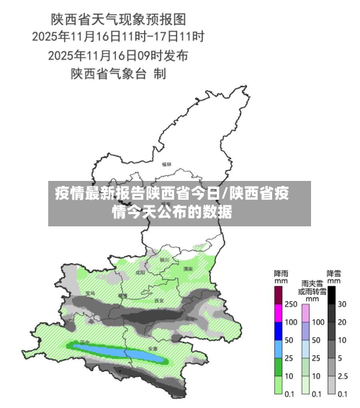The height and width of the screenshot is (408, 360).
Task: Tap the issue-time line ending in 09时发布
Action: [118, 54]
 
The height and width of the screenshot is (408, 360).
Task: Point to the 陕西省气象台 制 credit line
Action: [118, 73]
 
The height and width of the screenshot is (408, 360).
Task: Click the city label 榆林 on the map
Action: [167, 164]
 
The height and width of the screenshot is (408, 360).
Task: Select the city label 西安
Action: [159, 300]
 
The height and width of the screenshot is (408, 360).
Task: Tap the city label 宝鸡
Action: [91, 293]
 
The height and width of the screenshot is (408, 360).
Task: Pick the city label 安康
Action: [152, 348]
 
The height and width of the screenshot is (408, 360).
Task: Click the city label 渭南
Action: [188, 268]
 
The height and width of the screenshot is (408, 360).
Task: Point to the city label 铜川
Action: [164, 260]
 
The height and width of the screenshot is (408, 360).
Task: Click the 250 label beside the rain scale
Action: [290, 304]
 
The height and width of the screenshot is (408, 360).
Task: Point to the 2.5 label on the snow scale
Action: [343, 376]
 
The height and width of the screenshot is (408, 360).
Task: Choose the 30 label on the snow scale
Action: [343, 304]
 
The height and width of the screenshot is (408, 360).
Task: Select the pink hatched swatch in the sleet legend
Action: [305, 313]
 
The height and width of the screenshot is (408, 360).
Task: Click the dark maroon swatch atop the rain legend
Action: [278, 295]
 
